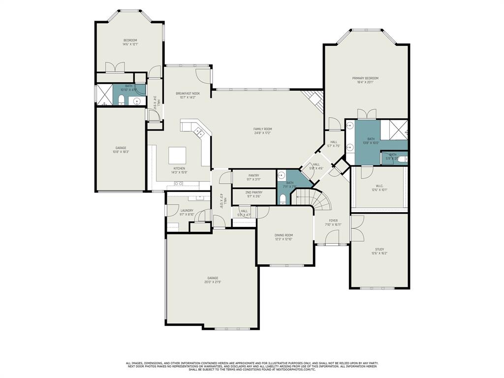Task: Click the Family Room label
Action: tap(263, 131)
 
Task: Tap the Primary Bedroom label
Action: tap(365, 80)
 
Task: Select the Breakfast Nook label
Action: tap(188, 95)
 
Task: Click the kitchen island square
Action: tap(178, 156)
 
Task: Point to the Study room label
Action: tap(379, 252)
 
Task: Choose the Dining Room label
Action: tap(283, 237)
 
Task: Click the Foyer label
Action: tap(333, 222)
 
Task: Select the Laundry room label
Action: tap(187, 213)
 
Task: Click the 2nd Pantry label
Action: tap(253, 194)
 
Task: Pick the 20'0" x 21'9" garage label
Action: tap(213, 280)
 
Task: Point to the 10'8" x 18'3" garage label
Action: tap(121, 150)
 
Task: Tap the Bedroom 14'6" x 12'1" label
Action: tap(130, 42)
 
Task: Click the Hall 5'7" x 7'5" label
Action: tap(334, 144)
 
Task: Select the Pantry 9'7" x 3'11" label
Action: tap(254, 177)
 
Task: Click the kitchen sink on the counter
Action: tap(178, 184)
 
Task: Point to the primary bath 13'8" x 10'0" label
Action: tap(371, 141)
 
